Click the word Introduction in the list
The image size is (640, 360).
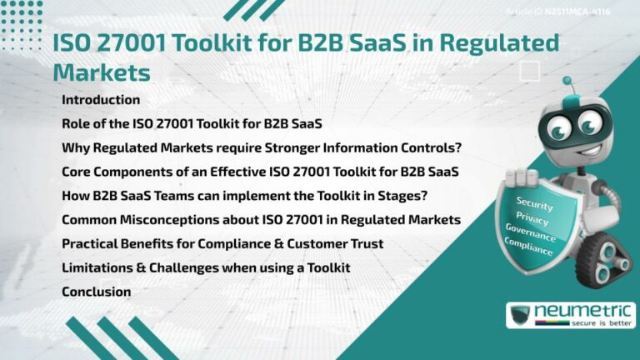pyautogui.click(x=101, y=100)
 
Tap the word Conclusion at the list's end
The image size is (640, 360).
pyautogui.click(x=97, y=292)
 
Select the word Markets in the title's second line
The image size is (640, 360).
pyautogui.click(x=101, y=72)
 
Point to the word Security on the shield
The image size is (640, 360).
pyautogui.click(x=534, y=202)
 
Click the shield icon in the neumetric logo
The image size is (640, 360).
pyautogui.click(x=520, y=316)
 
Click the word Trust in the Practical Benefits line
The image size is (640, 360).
pyautogui.click(x=367, y=243)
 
